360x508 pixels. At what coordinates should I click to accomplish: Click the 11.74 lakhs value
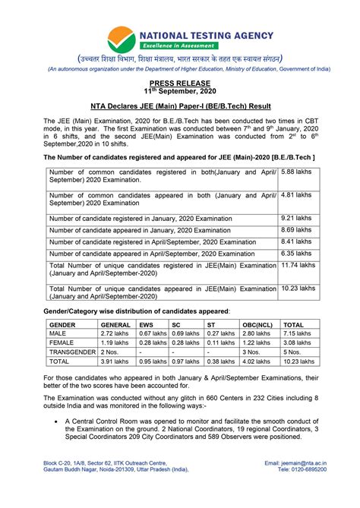click(298, 266)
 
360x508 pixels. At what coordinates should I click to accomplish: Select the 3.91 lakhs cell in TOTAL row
click(115, 362)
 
